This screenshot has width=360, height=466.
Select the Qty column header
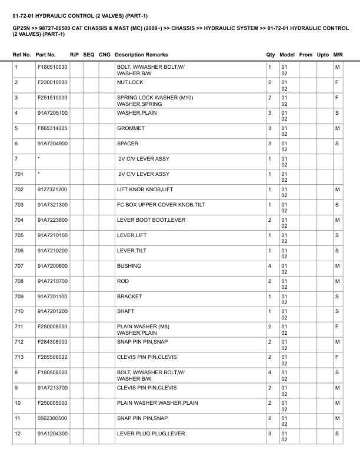271,55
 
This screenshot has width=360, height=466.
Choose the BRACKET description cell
131,297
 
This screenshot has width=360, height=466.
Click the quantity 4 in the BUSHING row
269,266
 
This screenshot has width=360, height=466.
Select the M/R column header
338,55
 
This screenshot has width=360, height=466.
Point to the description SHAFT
126,312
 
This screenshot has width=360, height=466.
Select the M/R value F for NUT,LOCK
337,82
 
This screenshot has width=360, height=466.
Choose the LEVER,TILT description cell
132,251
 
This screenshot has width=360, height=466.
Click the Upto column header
323,55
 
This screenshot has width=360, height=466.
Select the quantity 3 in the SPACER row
269,144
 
